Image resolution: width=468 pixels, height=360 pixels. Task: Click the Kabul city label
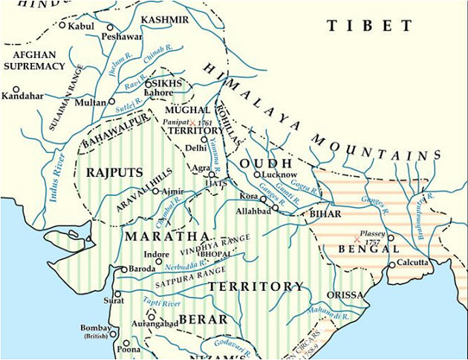point(82,26)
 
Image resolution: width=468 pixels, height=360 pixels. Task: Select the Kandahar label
point(22,96)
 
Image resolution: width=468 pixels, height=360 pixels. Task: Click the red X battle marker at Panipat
point(192,122)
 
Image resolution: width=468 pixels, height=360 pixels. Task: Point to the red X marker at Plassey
point(357,239)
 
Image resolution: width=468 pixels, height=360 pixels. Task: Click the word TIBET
point(369,26)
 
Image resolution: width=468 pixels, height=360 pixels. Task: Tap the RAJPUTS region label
point(114,172)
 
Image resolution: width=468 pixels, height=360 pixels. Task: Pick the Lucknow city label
point(279,174)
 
